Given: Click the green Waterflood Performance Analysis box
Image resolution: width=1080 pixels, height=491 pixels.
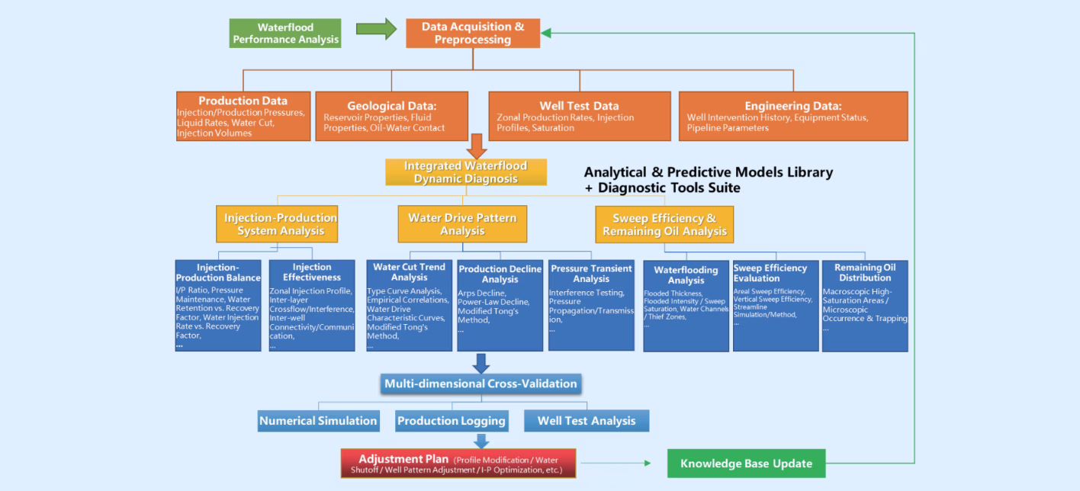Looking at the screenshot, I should (x=285, y=34).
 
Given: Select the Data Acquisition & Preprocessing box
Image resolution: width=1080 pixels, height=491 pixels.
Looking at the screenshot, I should (x=473, y=33).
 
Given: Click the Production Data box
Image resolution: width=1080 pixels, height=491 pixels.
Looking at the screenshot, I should (x=243, y=116).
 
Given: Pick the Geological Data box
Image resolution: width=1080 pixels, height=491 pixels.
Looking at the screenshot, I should (x=391, y=116).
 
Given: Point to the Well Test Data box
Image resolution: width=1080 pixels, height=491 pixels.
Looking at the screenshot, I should (x=579, y=116).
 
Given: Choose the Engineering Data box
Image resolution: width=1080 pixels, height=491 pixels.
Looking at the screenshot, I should (x=792, y=116).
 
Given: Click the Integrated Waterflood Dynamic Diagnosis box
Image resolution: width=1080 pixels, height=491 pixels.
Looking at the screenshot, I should (x=465, y=172).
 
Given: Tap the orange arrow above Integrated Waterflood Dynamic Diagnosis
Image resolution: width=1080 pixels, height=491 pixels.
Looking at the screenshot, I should (x=478, y=145).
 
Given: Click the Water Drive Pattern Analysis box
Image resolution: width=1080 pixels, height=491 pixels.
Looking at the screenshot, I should (x=462, y=224).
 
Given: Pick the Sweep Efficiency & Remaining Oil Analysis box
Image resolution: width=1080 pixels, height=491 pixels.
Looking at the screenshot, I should (x=664, y=224).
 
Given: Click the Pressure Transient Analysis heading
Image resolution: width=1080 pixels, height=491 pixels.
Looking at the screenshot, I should (x=591, y=274).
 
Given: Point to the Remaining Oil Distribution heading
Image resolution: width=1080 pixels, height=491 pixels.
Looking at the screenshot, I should (x=865, y=272).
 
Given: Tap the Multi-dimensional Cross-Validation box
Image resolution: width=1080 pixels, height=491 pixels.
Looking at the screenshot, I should (x=481, y=383).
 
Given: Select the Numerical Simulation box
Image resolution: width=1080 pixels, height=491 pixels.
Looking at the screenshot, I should (x=318, y=421).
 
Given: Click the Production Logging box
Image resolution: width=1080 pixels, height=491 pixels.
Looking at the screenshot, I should (x=452, y=421).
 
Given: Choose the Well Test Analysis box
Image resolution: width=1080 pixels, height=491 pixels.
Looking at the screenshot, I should (x=586, y=421).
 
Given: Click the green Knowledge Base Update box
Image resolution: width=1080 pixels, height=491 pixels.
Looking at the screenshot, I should (x=746, y=464).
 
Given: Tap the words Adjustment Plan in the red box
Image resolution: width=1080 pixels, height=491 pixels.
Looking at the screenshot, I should (x=403, y=459).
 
